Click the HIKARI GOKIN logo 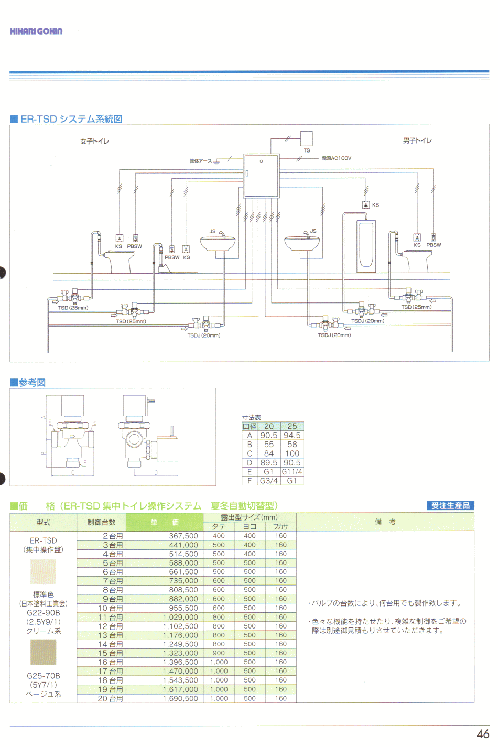pyautogui.click(x=36, y=31)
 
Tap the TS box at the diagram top pyautogui.click(x=307, y=138)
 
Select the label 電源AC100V pyautogui.click(x=337, y=158)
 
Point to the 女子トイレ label pyautogui.click(x=94, y=142)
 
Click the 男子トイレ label pyautogui.click(x=417, y=140)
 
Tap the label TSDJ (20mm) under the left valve pyautogui.click(x=204, y=335)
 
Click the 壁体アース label pyautogui.click(x=200, y=161)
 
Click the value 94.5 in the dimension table pyautogui.click(x=292, y=436)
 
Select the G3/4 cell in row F pyautogui.click(x=269, y=481)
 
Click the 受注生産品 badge pyautogui.click(x=450, y=506)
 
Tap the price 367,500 pyautogui.click(x=183, y=536)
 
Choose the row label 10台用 pyautogui.click(x=110, y=608)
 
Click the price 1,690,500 pyautogui.click(x=180, y=699)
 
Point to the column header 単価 pyautogui.click(x=165, y=522)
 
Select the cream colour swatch pyautogui.click(x=43, y=571)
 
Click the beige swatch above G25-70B pyautogui.click(x=43, y=653)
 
